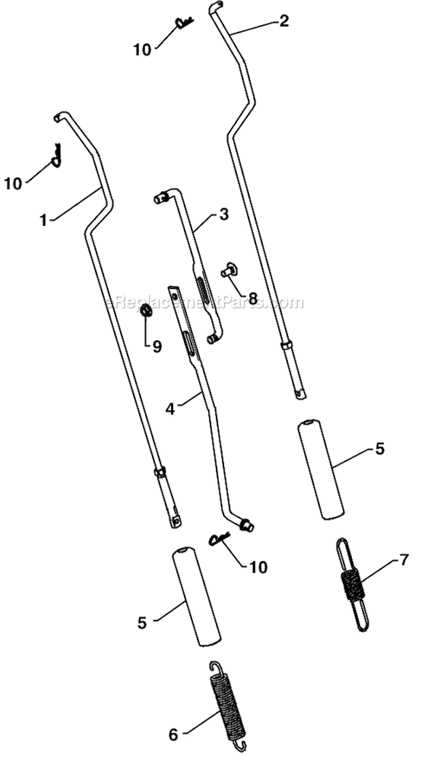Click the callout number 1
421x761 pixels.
coord(43,220)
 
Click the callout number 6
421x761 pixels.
coord(173,734)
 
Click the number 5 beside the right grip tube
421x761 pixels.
coord(380,449)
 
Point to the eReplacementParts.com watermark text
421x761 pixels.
coord(205,302)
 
